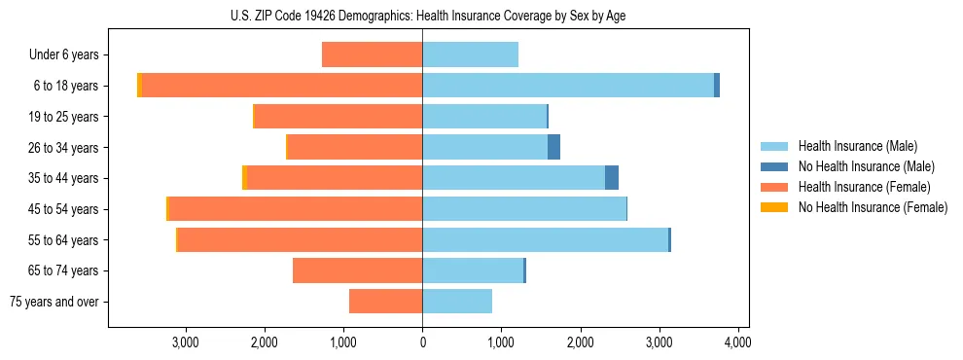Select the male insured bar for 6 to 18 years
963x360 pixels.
[x=568, y=86]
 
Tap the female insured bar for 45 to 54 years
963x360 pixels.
[x=296, y=209]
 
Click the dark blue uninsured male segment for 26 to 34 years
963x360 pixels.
[x=553, y=147]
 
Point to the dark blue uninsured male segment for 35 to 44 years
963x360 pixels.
[x=612, y=178]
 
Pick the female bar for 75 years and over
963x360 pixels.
[x=385, y=302]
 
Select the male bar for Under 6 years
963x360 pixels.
[x=470, y=54]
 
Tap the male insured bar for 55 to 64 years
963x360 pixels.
[x=545, y=240]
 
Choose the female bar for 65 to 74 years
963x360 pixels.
[x=357, y=270]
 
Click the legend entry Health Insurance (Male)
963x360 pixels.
[x=857, y=146]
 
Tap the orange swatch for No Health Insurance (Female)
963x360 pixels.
[x=774, y=207]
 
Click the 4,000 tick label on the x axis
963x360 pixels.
[x=737, y=342]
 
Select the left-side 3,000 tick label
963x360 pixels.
[x=186, y=342]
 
